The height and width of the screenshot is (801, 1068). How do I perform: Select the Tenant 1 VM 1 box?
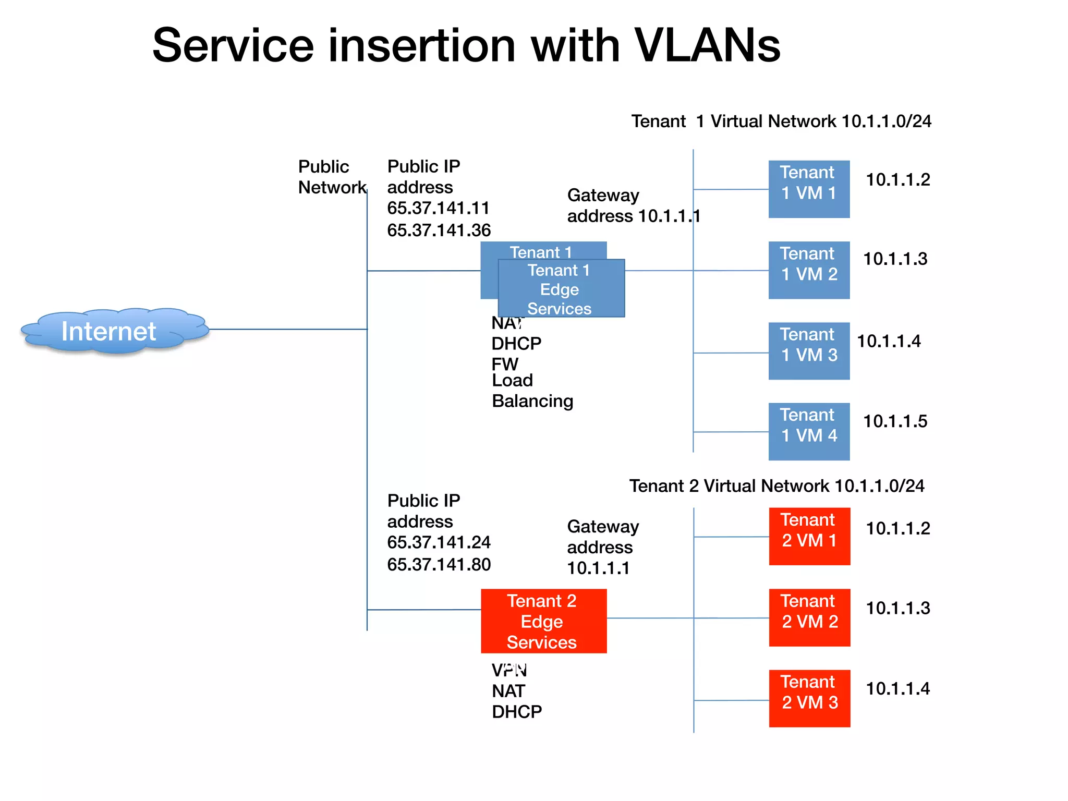point(809,189)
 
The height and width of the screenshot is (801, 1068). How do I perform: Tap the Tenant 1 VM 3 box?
point(809,350)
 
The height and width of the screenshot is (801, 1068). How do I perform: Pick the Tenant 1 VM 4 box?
point(809,431)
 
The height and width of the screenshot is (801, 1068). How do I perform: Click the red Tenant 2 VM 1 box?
point(809,536)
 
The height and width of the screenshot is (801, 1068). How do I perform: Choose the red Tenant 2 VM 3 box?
point(809,698)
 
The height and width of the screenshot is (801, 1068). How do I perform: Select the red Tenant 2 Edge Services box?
point(543,621)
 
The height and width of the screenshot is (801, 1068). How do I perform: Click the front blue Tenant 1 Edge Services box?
point(561,289)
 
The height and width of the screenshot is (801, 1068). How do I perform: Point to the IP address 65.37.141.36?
point(439,230)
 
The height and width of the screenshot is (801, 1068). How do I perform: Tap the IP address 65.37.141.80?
point(439,564)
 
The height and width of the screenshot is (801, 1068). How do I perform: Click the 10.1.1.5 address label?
point(895,421)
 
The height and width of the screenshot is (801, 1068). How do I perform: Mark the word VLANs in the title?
point(707,45)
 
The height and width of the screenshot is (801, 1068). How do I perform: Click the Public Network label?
point(331,177)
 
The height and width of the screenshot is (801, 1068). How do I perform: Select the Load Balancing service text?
point(532,391)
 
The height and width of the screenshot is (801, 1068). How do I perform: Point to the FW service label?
point(504,363)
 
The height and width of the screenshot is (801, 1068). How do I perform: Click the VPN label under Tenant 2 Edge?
point(509,670)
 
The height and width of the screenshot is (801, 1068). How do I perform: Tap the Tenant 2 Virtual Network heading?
point(776,486)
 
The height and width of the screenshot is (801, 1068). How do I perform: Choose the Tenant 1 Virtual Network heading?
point(781,121)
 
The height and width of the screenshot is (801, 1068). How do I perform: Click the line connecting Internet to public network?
point(287,329)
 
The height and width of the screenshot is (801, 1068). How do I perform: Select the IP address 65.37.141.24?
point(439,542)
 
